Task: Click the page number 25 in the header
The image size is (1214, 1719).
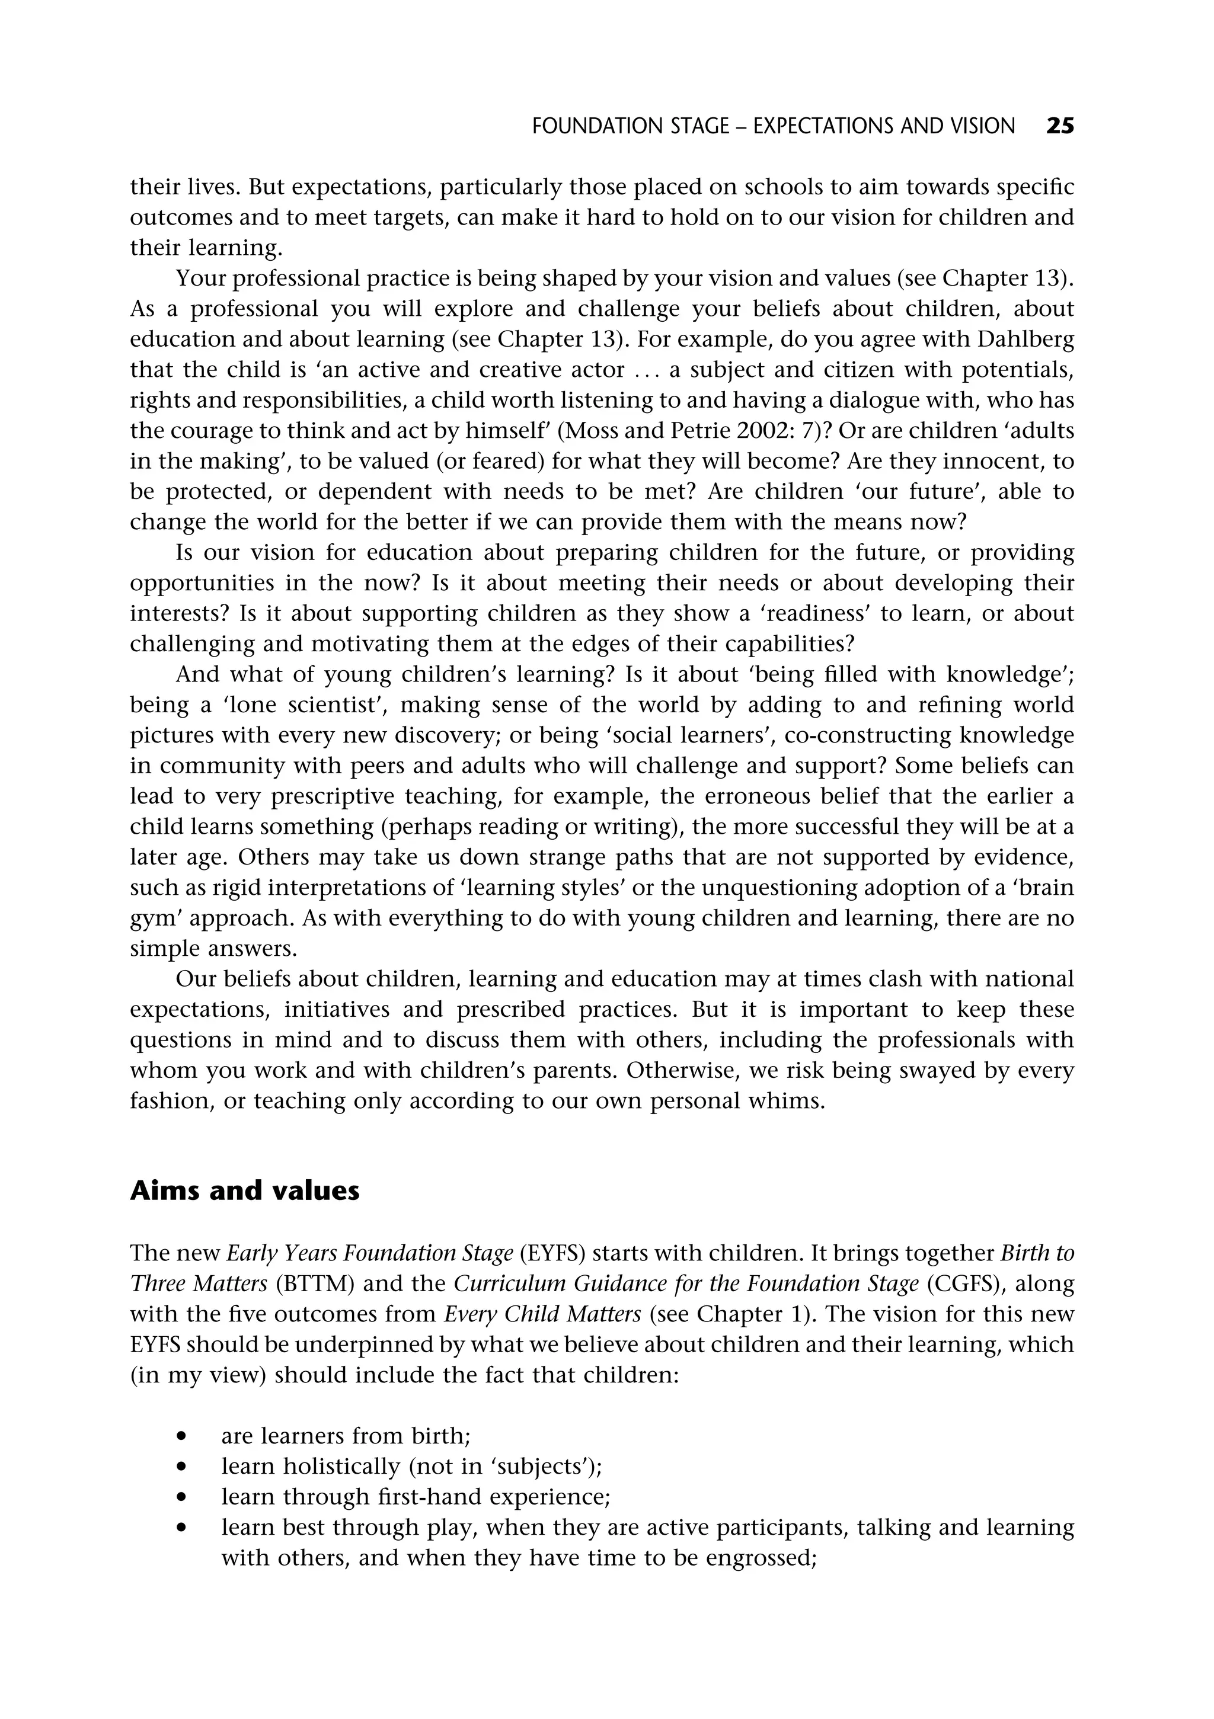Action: click(1060, 126)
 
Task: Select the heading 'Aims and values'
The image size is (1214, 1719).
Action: click(244, 1190)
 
